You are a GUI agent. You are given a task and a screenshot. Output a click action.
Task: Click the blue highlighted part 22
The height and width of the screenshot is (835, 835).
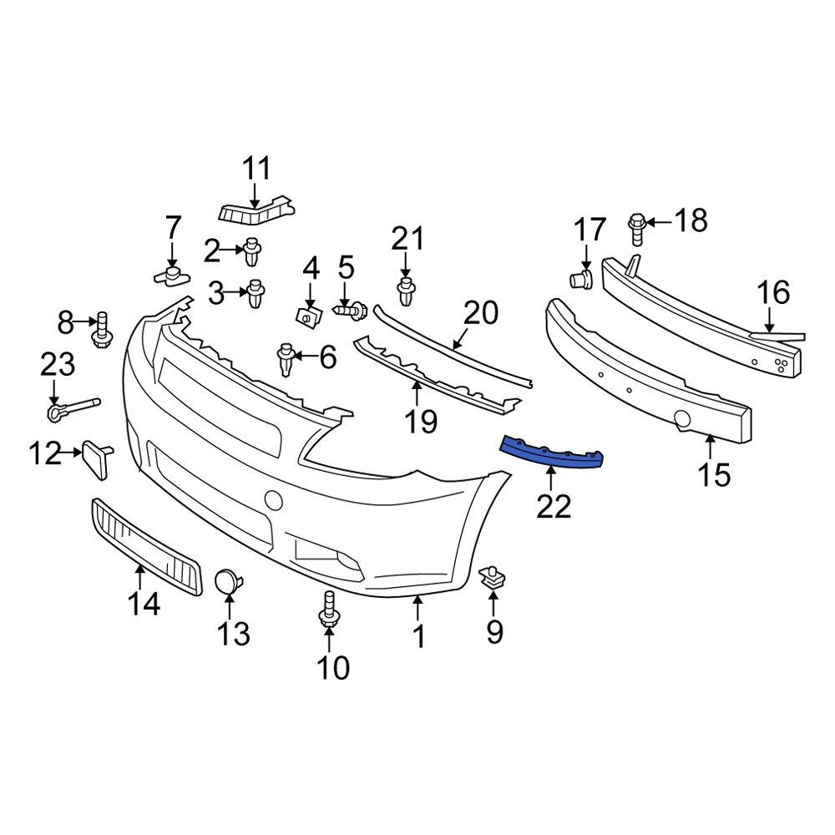coord(551,452)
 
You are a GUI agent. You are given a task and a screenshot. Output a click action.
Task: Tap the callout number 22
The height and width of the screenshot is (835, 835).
coord(553,505)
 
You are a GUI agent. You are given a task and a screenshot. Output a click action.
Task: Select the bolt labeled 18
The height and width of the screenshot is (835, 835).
coord(636,226)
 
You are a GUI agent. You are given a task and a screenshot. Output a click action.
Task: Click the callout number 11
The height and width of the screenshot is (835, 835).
coord(257,169)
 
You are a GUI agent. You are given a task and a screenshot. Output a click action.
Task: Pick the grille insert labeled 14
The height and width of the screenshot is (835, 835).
coord(146,548)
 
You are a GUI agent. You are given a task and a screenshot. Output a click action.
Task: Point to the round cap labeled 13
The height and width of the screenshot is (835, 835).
coord(227,580)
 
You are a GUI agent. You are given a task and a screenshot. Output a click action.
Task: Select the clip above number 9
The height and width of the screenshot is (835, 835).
coord(493,578)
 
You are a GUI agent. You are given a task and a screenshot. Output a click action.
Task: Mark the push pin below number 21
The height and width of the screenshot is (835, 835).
coord(406,292)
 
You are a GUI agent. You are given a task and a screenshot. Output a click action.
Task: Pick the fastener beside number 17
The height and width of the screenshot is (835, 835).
coord(582,279)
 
